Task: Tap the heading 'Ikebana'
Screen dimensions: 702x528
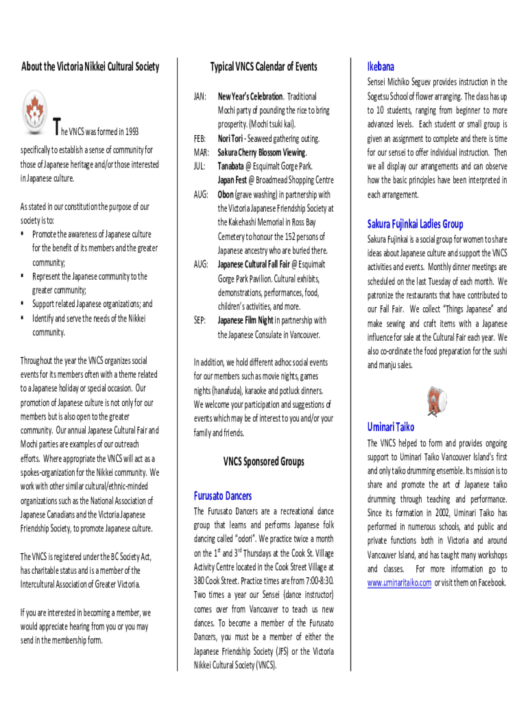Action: tap(381, 66)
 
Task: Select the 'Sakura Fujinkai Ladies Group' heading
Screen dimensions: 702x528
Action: tap(415, 224)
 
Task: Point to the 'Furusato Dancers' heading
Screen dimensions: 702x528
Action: tap(223, 496)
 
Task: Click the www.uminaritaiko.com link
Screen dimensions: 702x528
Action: tap(399, 583)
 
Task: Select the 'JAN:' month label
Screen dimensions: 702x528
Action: tap(202, 97)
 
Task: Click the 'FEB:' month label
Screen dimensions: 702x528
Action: tap(201, 138)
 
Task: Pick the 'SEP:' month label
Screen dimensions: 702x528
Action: tap(201, 320)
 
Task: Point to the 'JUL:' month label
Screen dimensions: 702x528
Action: tap(200, 166)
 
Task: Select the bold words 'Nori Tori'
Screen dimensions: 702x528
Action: tap(231, 138)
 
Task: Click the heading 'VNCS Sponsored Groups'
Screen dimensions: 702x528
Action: tap(263, 462)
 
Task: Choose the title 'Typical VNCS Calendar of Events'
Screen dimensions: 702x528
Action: tap(263, 66)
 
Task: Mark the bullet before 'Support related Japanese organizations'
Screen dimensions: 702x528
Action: tap(23, 304)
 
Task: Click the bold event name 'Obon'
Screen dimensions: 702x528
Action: tap(228, 194)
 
